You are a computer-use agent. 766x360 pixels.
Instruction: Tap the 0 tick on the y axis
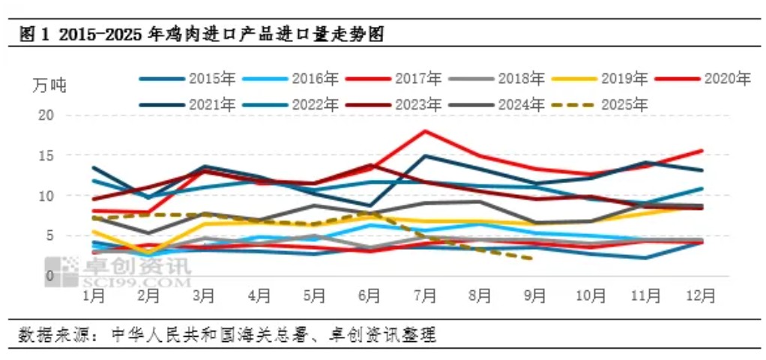coord(50,275)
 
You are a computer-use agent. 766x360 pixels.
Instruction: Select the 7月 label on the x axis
coord(425,296)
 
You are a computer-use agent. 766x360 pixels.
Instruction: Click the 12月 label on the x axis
coord(698,296)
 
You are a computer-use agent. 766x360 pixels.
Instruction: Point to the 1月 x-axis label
coord(94,296)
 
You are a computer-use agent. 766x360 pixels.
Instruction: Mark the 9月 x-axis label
coord(534,296)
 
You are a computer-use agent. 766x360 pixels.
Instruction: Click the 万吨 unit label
coord(49,85)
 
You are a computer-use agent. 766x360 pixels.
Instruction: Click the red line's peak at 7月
coord(425,131)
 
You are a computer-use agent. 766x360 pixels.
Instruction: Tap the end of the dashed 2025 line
coord(531,259)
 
